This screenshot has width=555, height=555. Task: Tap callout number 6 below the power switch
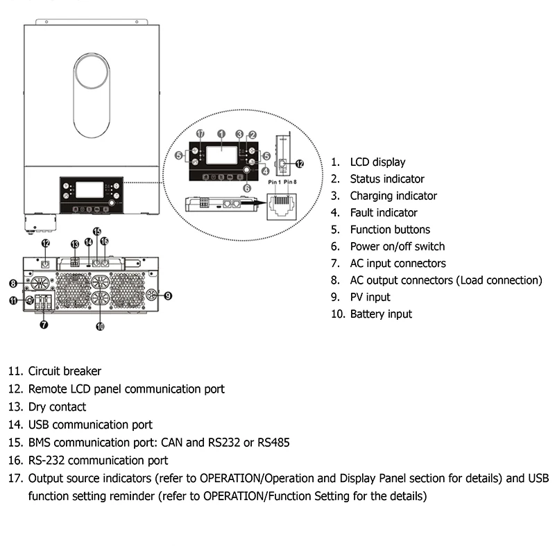247,187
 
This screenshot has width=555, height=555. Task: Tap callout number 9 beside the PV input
168,296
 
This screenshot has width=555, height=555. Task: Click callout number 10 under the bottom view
100,325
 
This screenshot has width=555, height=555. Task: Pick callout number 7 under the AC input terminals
44,325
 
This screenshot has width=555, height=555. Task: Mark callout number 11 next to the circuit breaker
12,300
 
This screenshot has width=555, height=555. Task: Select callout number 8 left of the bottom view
12,283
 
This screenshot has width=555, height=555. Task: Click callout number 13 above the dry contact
74,244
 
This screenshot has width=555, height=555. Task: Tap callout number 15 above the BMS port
96,232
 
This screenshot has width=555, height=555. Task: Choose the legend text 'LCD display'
377,162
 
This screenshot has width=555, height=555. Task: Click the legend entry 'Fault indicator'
383,213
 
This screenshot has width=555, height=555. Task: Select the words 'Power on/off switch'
397,246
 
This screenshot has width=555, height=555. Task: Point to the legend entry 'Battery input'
381,314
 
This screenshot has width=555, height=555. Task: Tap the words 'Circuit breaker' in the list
65,372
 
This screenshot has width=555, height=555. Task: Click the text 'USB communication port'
90,425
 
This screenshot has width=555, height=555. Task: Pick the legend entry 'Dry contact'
57,407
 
